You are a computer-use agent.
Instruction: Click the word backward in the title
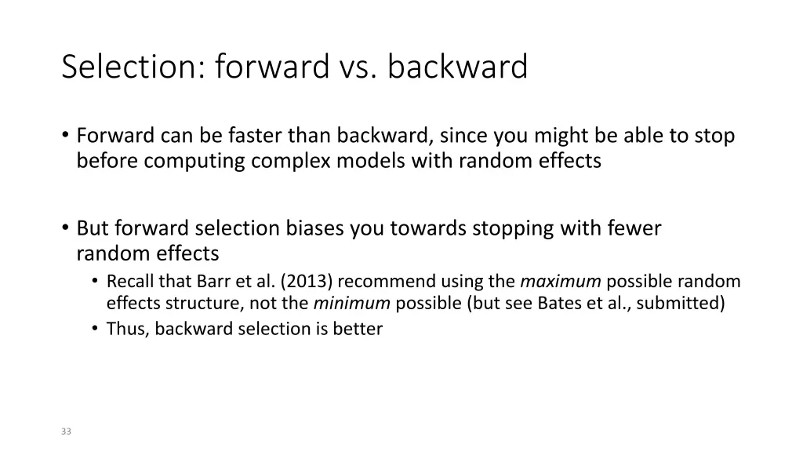457,67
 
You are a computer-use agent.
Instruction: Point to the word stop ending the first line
714,137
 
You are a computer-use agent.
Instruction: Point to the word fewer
633,229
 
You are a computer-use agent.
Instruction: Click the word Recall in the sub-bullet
130,282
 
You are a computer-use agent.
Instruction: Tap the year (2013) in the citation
307,282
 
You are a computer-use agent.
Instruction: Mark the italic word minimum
352,304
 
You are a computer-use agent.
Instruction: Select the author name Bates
558,304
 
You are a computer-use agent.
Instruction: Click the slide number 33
66,432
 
